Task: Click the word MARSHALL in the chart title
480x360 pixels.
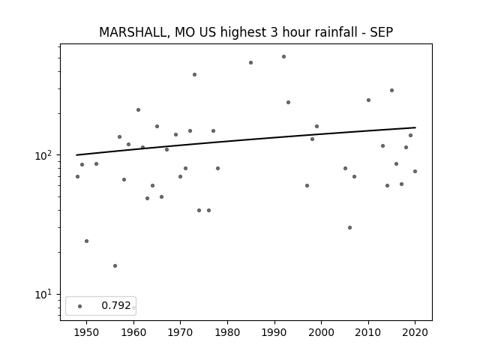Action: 133,33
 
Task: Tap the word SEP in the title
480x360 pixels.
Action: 382,32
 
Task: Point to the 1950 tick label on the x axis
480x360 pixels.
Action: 87,332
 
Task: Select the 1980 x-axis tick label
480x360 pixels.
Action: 227,332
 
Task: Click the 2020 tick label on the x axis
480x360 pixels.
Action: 415,332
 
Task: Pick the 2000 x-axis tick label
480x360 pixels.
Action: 322,332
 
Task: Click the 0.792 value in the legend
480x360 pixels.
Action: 116,305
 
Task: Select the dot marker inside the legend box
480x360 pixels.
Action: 80,306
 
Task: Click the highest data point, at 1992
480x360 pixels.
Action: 283,57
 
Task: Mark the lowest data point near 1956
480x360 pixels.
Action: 115,265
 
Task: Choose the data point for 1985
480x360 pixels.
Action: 250,62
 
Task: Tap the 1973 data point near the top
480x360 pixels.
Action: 194,74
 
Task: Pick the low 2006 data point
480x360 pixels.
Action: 349,227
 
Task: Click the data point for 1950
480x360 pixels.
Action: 87,241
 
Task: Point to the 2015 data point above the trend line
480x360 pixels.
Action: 391,90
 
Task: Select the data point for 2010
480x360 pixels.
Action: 368,100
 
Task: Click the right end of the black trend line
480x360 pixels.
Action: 415,127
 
